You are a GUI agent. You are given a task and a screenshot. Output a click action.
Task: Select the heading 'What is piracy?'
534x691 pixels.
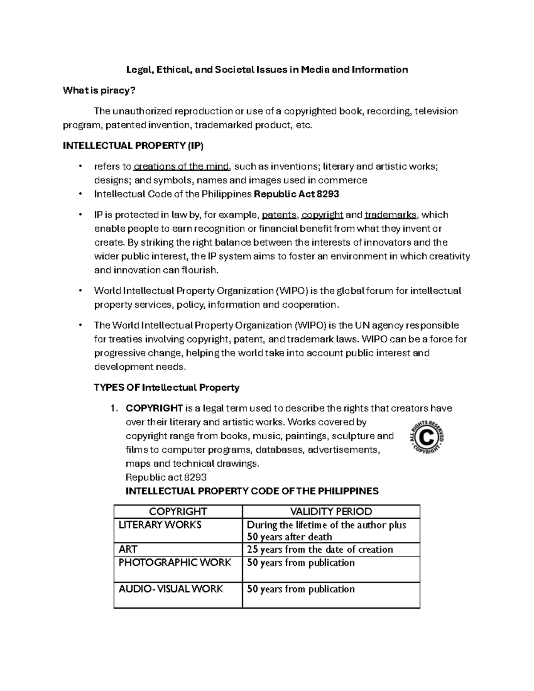point(98,90)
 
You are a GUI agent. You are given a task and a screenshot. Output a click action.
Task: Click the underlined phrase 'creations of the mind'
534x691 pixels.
point(182,167)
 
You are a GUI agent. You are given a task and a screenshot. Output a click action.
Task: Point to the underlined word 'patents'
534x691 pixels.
point(279,215)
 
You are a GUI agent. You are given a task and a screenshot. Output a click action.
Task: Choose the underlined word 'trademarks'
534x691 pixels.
point(390,215)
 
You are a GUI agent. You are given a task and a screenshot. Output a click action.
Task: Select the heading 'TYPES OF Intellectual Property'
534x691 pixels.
point(166,388)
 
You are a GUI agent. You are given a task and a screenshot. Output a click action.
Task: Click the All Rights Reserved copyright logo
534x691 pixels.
point(427,437)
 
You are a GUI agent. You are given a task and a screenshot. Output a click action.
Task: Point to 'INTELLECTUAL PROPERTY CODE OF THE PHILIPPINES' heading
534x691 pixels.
point(252,491)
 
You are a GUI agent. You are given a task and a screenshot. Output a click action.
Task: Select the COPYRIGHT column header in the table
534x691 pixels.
point(178,511)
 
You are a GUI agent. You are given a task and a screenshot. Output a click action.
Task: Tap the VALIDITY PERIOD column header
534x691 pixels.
point(331,511)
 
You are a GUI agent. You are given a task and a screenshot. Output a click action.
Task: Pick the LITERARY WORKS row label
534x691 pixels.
point(160,525)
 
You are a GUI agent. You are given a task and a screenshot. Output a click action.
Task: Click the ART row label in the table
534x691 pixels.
point(128,549)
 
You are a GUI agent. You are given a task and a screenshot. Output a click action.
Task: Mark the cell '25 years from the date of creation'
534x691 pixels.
point(320,550)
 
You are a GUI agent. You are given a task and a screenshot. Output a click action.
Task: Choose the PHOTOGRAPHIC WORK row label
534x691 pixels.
point(175,562)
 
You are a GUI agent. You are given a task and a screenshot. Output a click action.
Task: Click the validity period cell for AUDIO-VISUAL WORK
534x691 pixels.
point(301,589)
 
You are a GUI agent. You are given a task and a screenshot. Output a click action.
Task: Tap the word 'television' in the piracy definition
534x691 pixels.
point(436,111)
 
